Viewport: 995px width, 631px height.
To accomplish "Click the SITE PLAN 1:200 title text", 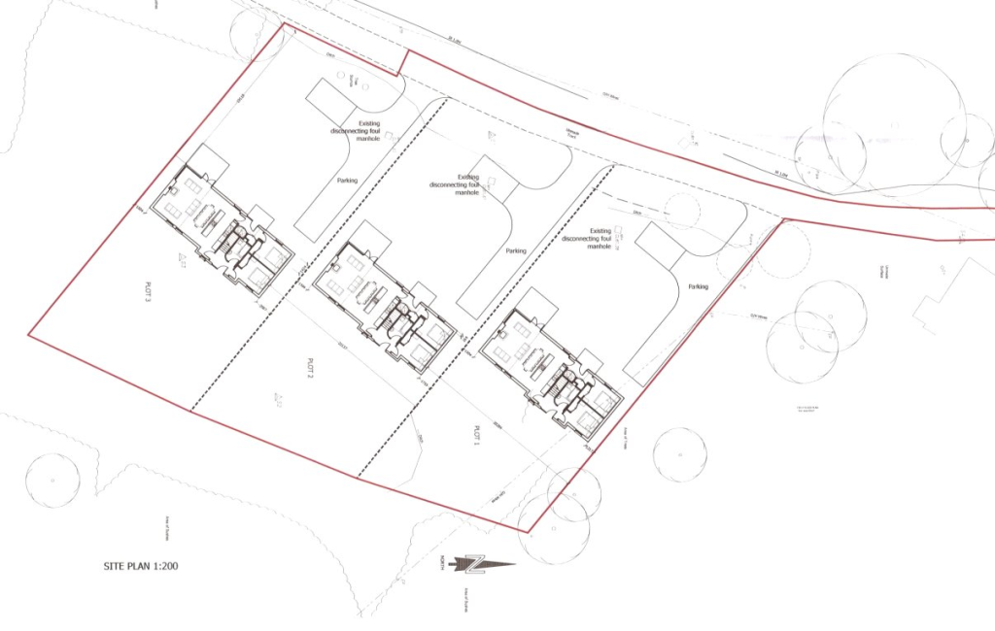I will click(141, 566).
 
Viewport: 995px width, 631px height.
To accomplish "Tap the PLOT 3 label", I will click(150, 292).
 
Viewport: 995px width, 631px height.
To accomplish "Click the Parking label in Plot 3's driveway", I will click(347, 181).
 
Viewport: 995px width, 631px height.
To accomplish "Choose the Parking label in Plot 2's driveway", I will click(515, 250).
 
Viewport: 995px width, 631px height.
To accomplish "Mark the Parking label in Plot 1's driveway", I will click(698, 287).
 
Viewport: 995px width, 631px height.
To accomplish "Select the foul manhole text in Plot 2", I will click(467, 184).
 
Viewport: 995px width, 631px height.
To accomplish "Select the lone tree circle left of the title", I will click(52, 480).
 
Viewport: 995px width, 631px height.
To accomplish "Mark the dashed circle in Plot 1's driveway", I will click(683, 212).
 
